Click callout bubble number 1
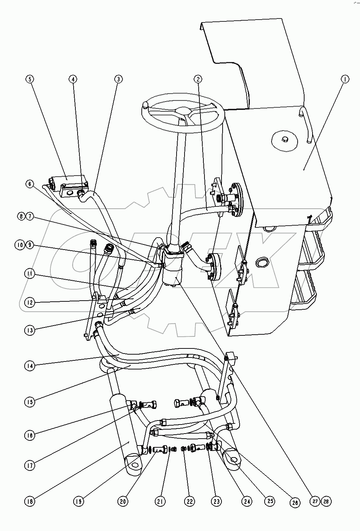click(x=345, y=79)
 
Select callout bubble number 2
click(x=198, y=79)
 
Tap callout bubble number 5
click(x=30, y=79)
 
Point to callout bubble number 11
click(x=30, y=274)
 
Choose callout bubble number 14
click(x=30, y=366)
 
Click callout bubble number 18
click(x=30, y=501)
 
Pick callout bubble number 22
click(x=189, y=501)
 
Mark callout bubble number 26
click(x=294, y=503)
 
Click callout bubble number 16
click(x=30, y=435)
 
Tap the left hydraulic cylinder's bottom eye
click(x=135, y=465)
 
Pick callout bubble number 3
click(x=118, y=79)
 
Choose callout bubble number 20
click(x=123, y=501)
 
